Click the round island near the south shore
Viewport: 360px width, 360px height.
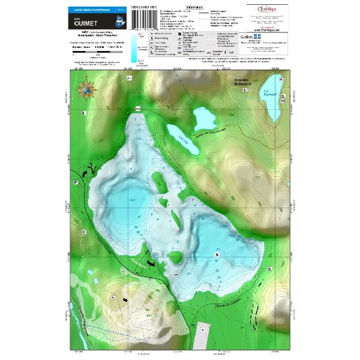coord(176,257)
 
